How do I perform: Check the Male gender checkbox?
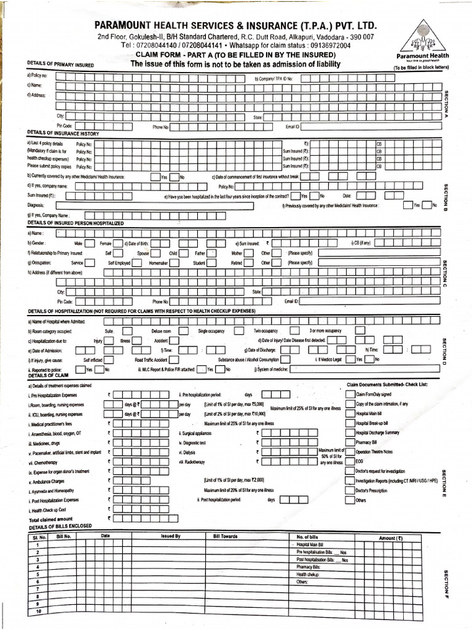90,244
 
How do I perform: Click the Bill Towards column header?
225,536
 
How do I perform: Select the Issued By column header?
171,536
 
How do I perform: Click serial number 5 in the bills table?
37,581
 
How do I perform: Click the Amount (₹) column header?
391,538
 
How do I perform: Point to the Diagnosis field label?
36,205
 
